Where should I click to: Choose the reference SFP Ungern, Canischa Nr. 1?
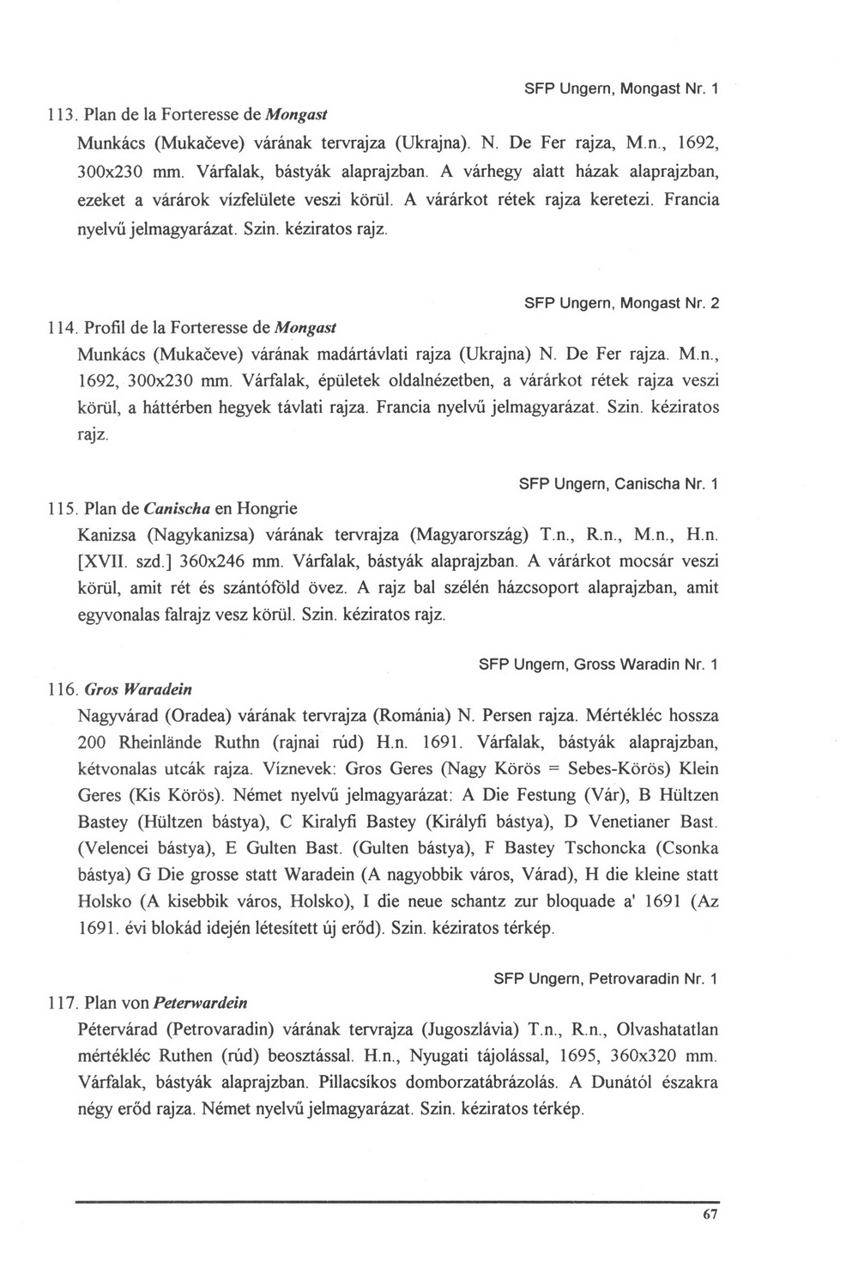coord(618,485)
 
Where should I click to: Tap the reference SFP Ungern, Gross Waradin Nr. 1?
coord(598,664)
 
